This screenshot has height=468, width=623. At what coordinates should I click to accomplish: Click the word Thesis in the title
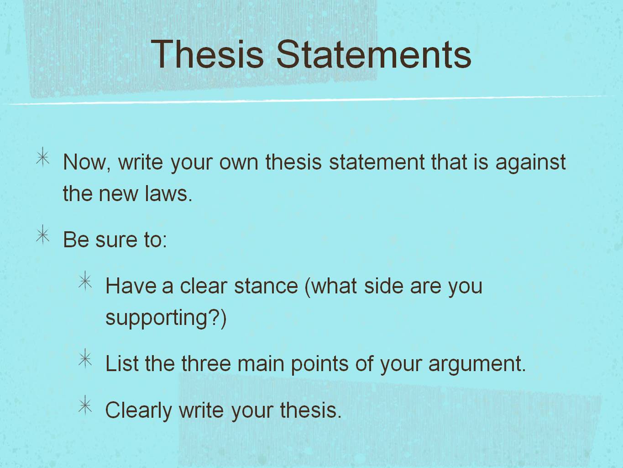tap(207, 54)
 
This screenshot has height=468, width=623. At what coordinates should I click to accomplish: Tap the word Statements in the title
tap(374, 54)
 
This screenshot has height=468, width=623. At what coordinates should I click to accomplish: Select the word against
tap(531, 162)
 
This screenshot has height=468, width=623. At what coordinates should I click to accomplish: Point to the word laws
tap(168, 193)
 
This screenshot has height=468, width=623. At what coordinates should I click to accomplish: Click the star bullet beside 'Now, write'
tap(43, 157)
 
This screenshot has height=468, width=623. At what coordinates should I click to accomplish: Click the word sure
tap(117, 240)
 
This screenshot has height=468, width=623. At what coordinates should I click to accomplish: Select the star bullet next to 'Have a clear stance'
tap(85, 281)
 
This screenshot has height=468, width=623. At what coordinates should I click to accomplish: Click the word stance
tap(266, 286)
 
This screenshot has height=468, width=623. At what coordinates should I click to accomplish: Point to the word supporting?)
tap(166, 318)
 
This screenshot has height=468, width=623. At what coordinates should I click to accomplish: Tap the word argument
tap(477, 364)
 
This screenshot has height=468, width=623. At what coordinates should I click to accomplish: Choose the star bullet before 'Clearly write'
tap(85, 405)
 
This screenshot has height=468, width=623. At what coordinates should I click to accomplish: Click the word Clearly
tap(139, 410)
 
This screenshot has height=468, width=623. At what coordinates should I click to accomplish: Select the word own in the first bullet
tap(239, 163)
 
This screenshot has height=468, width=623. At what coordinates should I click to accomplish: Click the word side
tap(383, 286)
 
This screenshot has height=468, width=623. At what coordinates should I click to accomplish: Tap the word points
tap(319, 364)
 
